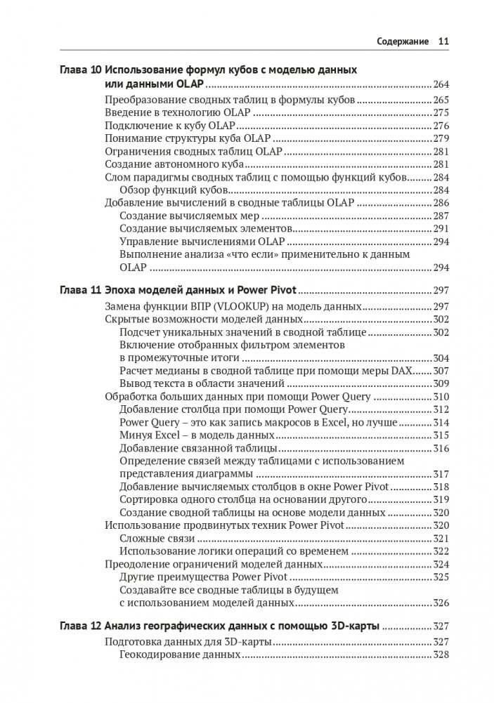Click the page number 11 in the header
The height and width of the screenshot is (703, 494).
[x=443, y=42]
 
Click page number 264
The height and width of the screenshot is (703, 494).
[x=441, y=84]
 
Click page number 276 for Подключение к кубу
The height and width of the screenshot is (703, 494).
[x=441, y=125]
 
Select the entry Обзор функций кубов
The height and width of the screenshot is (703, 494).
[x=172, y=190]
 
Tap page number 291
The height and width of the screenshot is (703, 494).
[x=441, y=229]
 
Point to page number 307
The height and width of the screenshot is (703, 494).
[x=441, y=370]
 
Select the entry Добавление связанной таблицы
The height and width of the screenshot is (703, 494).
[x=198, y=447]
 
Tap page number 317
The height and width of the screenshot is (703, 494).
[x=441, y=473]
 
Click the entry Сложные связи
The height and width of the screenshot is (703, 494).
[x=157, y=538]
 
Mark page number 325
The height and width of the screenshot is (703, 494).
[x=441, y=577]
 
